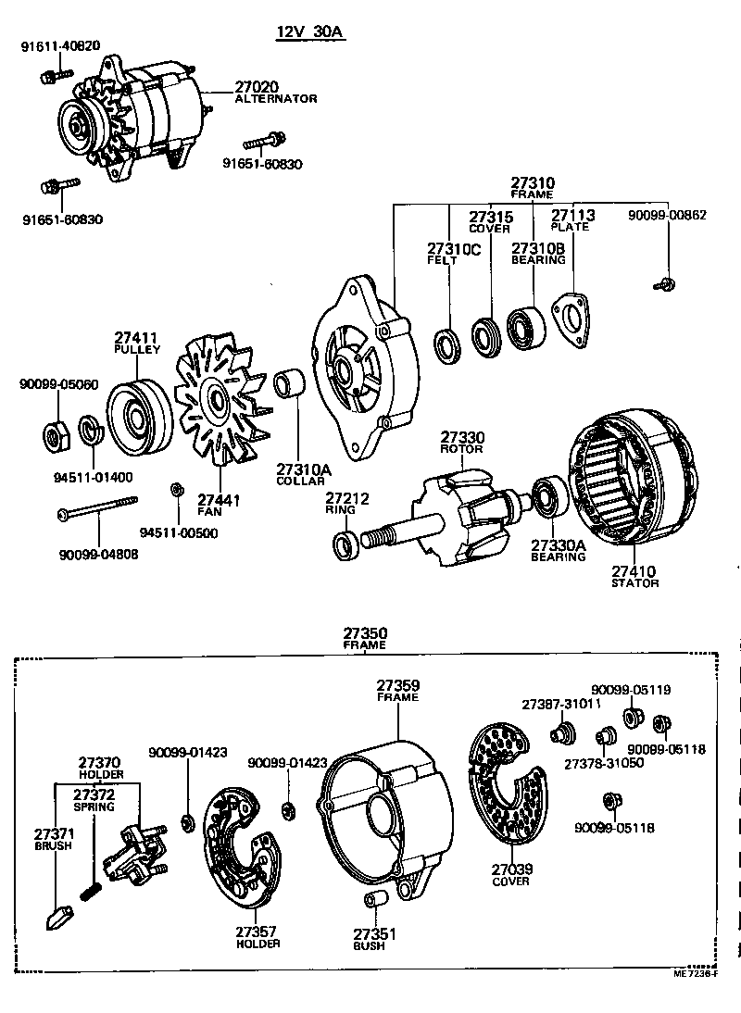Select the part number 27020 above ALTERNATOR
257,86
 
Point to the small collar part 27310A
289,384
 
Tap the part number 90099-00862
667,215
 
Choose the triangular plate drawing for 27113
571,323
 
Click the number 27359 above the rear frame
398,686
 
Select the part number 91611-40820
61,45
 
